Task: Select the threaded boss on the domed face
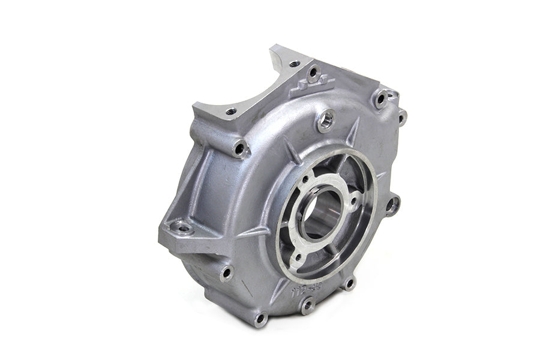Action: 326,119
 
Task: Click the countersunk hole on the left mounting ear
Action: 181,227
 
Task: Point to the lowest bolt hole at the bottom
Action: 260,318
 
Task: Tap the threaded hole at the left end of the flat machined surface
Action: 230,112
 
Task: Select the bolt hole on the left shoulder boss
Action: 241,148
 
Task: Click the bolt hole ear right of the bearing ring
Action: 392,206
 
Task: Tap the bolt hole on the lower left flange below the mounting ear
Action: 226,273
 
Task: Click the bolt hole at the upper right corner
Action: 380,98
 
